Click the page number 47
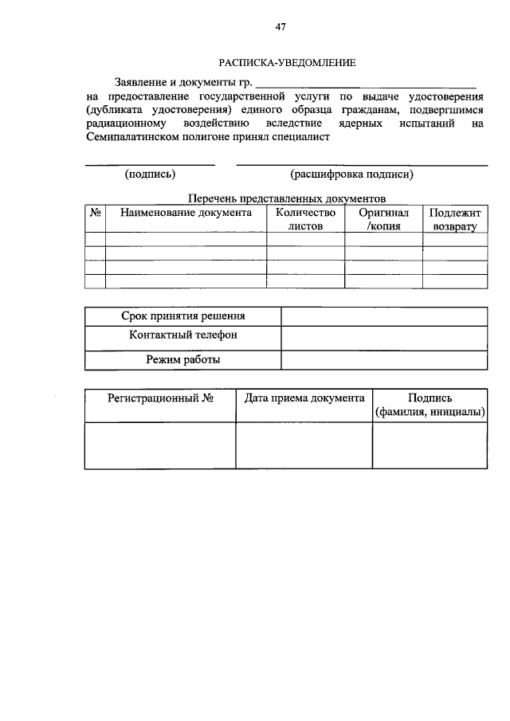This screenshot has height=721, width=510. point(280,26)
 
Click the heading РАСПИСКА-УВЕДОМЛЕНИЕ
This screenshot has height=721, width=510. point(288,61)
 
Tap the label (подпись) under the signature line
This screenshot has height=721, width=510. point(150,174)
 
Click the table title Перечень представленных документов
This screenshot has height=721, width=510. point(287,198)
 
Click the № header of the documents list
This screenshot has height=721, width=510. point(95,213)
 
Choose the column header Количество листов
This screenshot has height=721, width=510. point(306,219)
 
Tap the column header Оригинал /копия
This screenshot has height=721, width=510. point(383,219)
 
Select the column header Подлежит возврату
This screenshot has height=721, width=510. point(454,219)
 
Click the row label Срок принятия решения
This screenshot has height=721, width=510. point(183,316)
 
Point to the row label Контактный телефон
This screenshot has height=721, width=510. point(183,335)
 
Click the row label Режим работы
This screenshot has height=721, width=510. point(183,359)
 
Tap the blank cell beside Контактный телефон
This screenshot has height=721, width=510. point(383,338)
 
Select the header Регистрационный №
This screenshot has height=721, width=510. point(159,398)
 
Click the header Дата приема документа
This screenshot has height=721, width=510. point(304,398)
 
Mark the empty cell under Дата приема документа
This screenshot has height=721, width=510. point(304,445)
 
